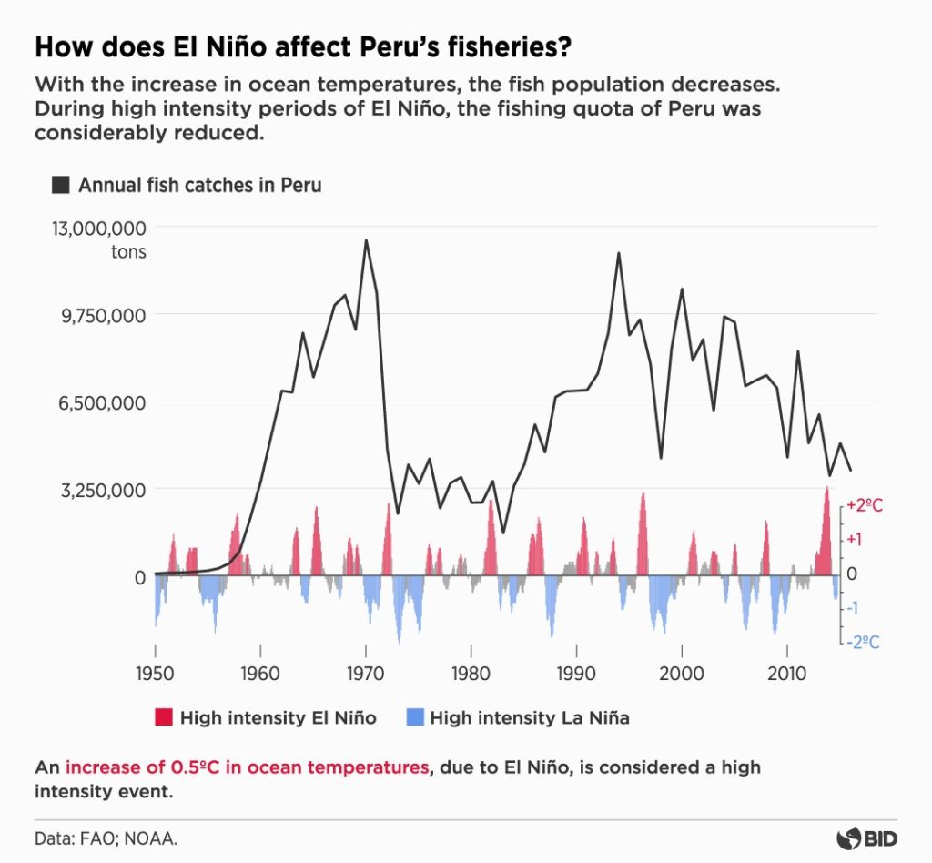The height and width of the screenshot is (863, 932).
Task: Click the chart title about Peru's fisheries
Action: (304, 46)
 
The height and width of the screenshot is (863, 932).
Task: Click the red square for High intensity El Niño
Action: (163, 718)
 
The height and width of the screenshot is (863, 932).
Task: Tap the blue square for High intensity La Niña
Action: (412, 718)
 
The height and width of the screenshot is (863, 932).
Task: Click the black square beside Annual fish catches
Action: (61, 185)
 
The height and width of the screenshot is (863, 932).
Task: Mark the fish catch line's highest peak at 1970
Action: (366, 240)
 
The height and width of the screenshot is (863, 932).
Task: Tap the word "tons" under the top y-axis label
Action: (128, 252)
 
